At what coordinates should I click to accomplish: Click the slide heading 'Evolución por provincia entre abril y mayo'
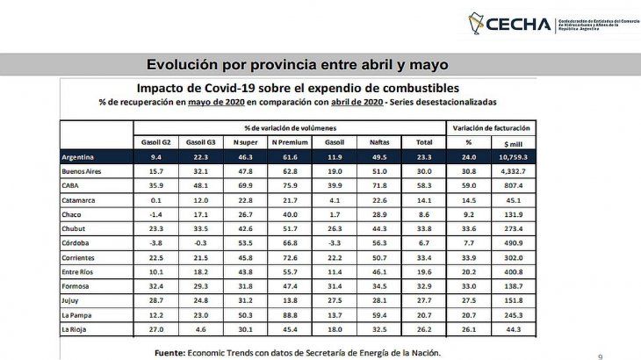(297, 65)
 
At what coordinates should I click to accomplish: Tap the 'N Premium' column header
(289, 140)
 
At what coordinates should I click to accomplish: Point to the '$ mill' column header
(514, 140)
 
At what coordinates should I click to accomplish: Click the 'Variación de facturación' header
(492, 127)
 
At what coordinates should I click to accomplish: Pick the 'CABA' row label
(72, 185)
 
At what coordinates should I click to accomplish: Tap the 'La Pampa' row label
(77, 313)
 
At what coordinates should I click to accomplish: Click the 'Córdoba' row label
(77, 242)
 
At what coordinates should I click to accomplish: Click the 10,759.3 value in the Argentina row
(514, 156)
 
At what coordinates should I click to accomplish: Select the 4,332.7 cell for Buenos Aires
(514, 171)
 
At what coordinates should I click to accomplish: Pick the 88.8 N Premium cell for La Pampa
(289, 313)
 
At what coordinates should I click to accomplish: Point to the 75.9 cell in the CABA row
(289, 185)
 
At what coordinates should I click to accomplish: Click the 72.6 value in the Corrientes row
(289, 256)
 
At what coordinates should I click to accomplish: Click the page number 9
(600, 356)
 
